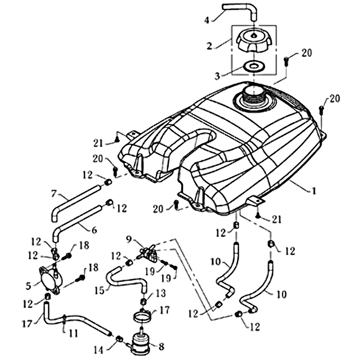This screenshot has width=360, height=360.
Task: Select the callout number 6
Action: (x=94, y=230)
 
